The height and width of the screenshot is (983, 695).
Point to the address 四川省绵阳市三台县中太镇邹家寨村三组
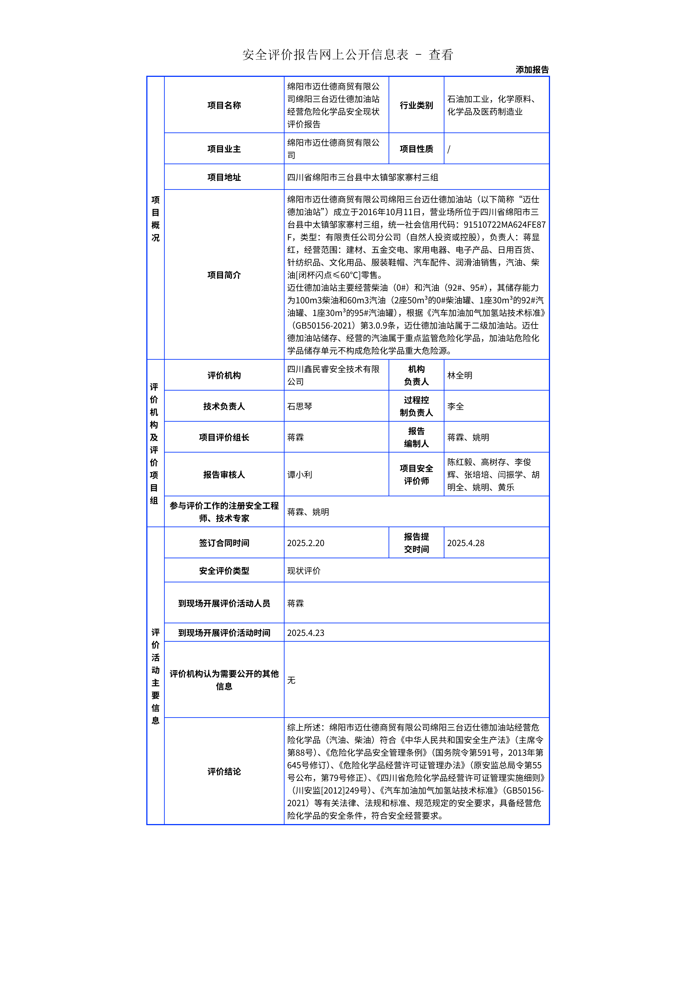click(362, 177)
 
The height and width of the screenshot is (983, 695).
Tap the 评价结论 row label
click(224, 772)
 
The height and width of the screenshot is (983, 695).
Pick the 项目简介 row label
click(224, 275)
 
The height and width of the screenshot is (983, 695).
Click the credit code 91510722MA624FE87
click(504, 224)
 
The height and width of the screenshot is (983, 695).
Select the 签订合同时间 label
click(224, 543)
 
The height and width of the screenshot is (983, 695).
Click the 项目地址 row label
click(224, 177)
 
